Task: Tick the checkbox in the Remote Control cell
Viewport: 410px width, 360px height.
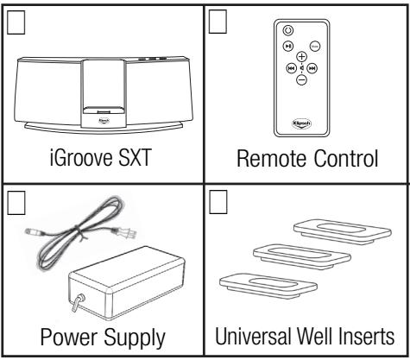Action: click(x=218, y=17)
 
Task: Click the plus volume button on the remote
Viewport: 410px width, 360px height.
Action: click(x=301, y=56)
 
